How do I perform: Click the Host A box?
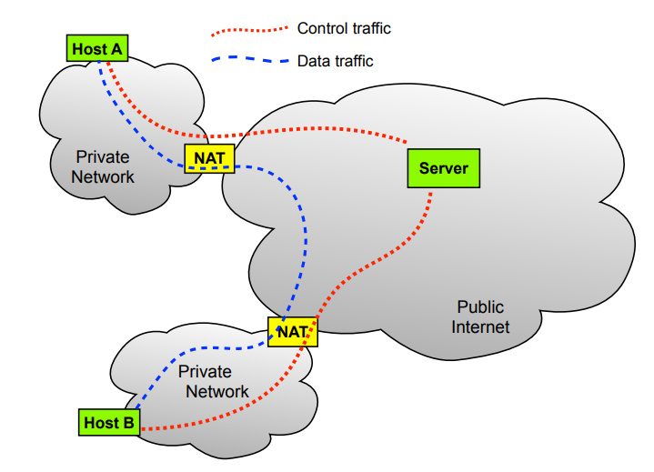pos(96,48)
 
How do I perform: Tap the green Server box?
pos(443,168)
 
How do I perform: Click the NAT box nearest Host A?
pos(209,158)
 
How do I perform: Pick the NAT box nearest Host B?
pos(292,332)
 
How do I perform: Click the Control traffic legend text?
pos(344,29)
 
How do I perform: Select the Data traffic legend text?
pos(335,62)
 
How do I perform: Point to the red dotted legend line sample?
pos(249,29)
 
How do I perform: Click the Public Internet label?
pos(479,317)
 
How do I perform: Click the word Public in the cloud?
pos(479,307)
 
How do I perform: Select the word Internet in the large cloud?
pos(480,327)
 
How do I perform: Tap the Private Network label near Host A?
pos(104,166)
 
